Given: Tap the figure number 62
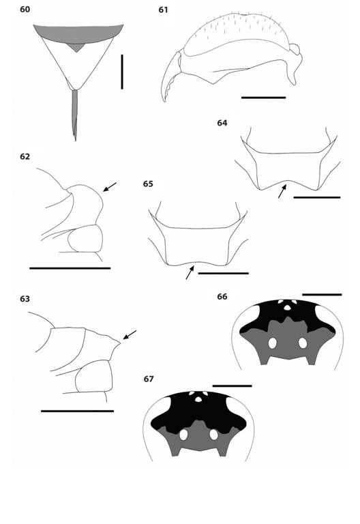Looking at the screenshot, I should [25, 156].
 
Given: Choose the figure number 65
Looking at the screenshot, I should [148, 184].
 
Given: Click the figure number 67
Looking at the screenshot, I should [149, 379].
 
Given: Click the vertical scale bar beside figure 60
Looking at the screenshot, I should [122, 72].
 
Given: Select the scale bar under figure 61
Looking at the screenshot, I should [263, 98].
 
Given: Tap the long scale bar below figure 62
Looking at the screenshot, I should [70, 268].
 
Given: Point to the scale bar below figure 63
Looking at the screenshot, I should [77, 411].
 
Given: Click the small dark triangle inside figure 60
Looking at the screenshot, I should [80, 48].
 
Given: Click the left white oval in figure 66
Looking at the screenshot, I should [272, 344].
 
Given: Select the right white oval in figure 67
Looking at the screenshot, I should [213, 434].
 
